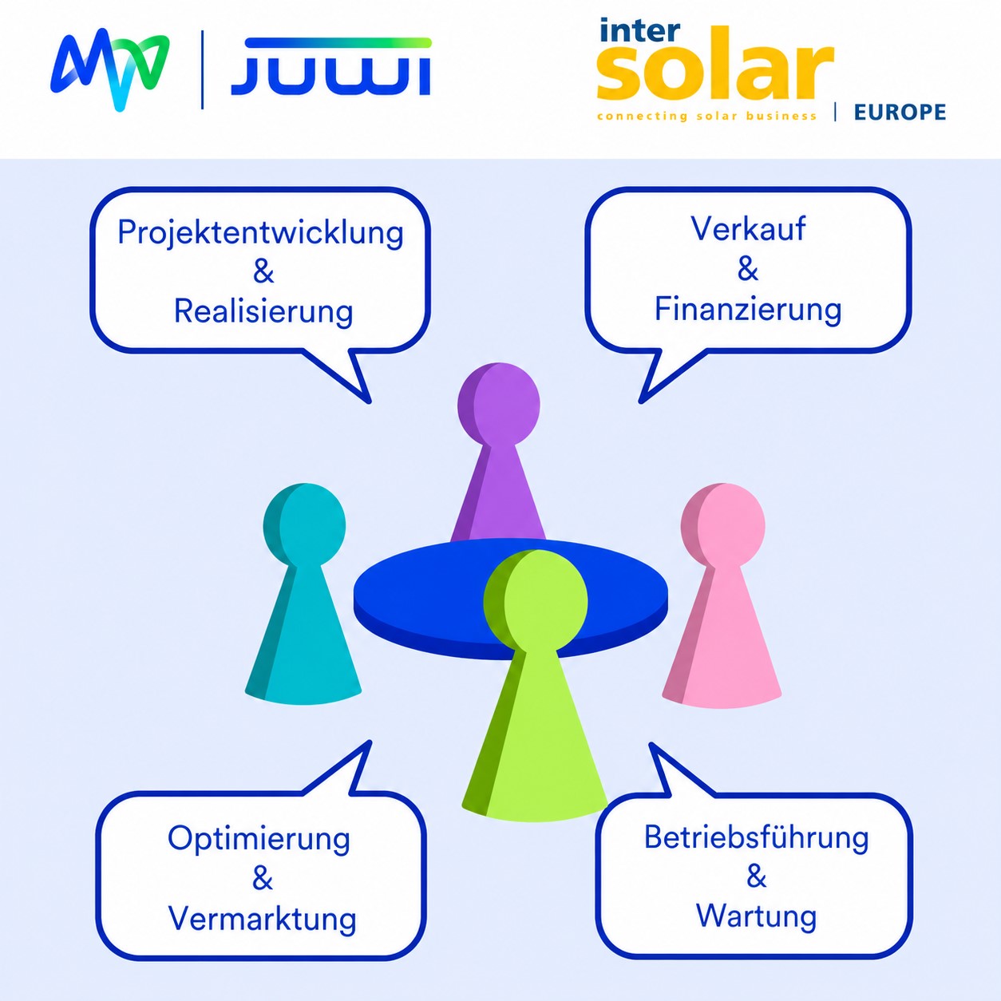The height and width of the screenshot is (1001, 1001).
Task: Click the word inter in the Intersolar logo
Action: point(639,30)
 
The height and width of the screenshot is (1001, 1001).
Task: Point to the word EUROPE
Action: point(900,113)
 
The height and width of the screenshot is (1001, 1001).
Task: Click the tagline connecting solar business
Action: point(707,116)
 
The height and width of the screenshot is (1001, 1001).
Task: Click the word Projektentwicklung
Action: point(260,233)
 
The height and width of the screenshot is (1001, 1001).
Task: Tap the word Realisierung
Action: point(263,311)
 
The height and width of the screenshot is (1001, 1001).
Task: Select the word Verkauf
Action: point(747,228)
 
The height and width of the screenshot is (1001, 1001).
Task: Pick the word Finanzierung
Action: point(747,310)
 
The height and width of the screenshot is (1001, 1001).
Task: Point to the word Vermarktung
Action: point(263,920)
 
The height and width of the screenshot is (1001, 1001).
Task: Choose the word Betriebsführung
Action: point(756,838)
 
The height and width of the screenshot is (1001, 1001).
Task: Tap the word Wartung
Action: point(756,916)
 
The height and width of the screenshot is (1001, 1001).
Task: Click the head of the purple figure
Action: point(499,404)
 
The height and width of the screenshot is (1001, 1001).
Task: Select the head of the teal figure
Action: point(304,524)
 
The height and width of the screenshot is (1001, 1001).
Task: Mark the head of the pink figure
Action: point(722,524)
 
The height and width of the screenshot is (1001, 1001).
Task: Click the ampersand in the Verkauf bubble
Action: point(747,269)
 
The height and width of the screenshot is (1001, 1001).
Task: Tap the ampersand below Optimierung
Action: point(263,880)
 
